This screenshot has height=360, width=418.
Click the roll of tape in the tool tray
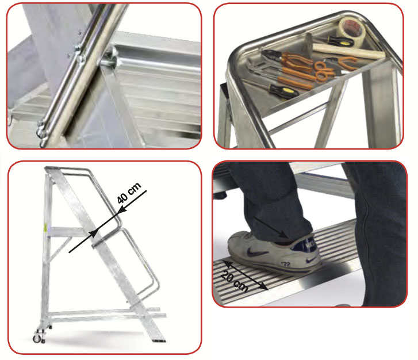coord(352,29)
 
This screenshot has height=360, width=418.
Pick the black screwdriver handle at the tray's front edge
coord(283,90)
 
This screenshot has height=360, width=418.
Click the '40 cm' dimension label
coord(129,193)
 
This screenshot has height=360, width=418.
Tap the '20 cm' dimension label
coord(235,281)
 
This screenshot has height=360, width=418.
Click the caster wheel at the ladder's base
coord(37,339)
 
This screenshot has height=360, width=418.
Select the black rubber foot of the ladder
coord(159,340)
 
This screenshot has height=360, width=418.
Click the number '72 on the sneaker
coord(286,264)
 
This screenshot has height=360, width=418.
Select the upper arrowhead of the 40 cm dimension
coord(121,210)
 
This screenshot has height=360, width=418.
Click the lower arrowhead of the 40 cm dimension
coord(93,233)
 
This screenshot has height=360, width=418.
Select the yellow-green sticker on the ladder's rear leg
coord(45,228)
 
